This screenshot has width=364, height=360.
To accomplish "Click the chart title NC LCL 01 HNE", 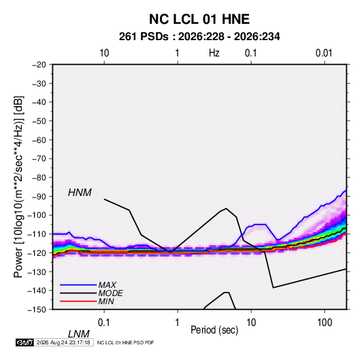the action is point(199,19).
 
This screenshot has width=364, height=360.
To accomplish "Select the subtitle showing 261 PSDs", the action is point(199,37).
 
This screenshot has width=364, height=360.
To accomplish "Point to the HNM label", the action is point(80,193).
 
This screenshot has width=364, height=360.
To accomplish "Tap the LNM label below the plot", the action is point(78,334).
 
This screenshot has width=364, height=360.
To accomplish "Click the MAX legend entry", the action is point(107,284).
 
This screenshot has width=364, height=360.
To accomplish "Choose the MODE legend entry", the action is point(110,293).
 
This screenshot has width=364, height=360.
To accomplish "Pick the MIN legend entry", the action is point(106,301).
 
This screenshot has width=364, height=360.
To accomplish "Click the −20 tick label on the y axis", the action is point(39,65).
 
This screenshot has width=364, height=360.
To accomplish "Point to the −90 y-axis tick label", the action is point(39,197).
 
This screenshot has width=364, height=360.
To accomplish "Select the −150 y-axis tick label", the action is point(37,310).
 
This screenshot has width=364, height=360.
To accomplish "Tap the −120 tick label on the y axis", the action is point(37,253).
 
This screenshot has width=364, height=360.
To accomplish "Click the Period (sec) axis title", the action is point(214,330).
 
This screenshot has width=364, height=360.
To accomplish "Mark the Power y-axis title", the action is point(18,187).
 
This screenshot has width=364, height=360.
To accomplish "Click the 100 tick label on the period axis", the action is point(325,323).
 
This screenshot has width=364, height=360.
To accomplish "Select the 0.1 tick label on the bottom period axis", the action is point(104,323).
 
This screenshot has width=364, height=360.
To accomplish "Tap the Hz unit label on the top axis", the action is point(214,53).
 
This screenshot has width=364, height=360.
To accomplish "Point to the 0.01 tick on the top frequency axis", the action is point(324,53).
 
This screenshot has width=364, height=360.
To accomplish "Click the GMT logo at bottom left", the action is point(24,342).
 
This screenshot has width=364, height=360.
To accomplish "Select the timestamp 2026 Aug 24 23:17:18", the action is point(63,342).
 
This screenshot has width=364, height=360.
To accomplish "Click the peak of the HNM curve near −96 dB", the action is point(226,208).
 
